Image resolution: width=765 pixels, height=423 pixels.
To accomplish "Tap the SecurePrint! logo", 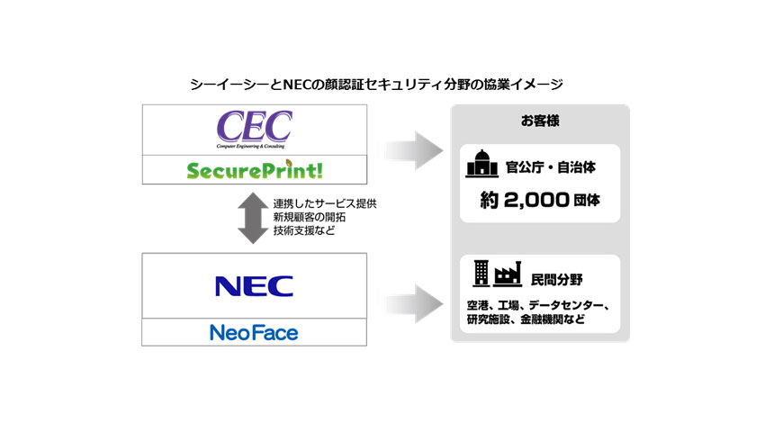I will coord(255,169).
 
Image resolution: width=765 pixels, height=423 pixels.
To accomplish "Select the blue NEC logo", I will coord(254,285).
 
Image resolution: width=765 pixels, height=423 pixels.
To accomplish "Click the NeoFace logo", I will coord(254,333).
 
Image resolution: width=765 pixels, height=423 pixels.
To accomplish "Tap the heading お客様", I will coord(538,121).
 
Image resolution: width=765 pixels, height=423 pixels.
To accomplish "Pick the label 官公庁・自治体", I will coord(552,167).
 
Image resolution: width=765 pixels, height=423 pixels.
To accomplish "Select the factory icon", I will coord(508,274).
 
